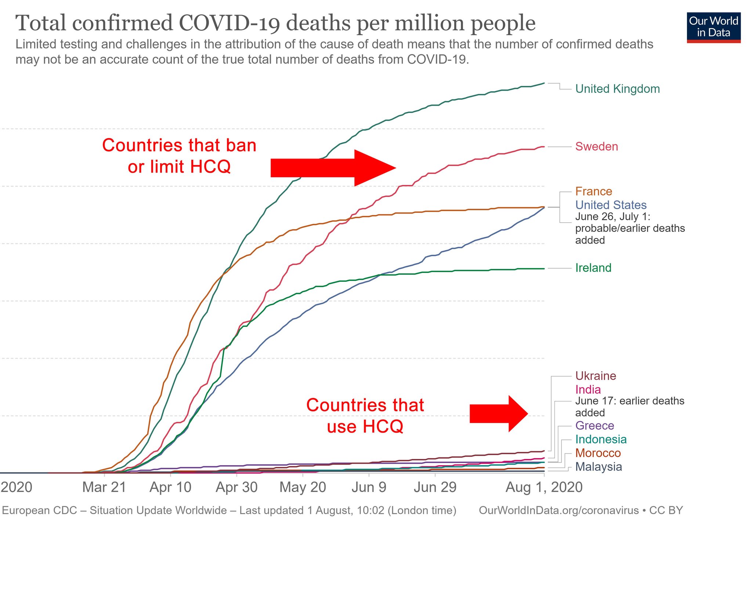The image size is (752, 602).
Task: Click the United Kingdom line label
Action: (x=617, y=89)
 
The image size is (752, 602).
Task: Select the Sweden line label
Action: (x=596, y=146)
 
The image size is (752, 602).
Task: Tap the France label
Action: (x=593, y=191)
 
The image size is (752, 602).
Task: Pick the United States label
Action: (x=611, y=205)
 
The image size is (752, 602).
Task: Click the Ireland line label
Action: (x=593, y=268)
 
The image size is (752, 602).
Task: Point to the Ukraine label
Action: (x=595, y=376)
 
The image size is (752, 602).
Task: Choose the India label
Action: (x=588, y=389)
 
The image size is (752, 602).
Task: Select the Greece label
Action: (x=594, y=426)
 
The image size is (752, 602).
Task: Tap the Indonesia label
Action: (x=601, y=439)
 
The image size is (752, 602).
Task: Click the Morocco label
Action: (x=598, y=453)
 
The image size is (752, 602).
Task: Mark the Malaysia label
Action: (x=599, y=467)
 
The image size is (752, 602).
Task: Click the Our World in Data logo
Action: (x=713, y=28)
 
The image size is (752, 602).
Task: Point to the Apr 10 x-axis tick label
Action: (x=170, y=487)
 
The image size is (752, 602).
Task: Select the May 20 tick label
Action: (x=303, y=487)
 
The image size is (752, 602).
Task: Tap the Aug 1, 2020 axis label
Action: (x=544, y=487)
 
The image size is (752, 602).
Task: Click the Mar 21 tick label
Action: (x=104, y=487)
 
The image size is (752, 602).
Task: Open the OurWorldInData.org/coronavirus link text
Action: (x=558, y=510)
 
